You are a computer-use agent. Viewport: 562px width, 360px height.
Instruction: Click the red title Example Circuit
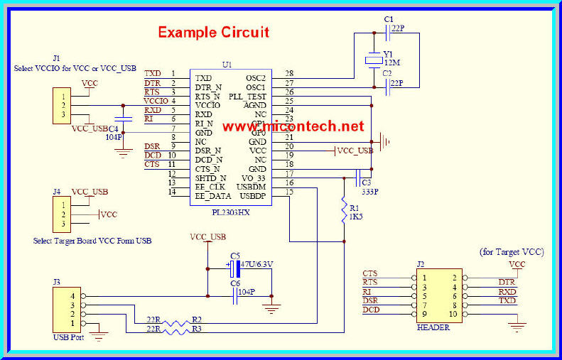click(x=213, y=33)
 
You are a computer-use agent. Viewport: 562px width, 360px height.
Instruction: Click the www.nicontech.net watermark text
click(x=293, y=126)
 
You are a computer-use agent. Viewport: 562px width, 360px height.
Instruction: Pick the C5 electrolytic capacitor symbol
click(x=232, y=268)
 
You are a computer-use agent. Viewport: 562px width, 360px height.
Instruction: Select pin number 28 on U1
click(x=289, y=73)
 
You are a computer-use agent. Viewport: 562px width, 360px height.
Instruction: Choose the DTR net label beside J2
click(x=506, y=282)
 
